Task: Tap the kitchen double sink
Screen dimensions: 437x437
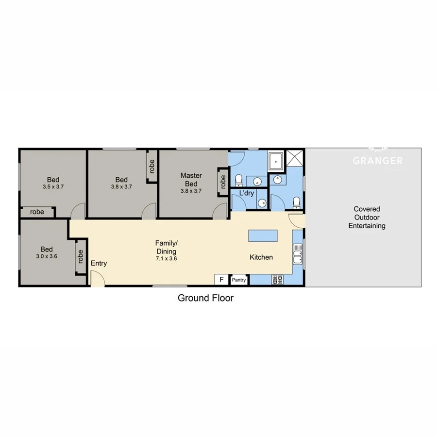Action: pos(298,255)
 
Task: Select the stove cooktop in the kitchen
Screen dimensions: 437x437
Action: pos(278,279)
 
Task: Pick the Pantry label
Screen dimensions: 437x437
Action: pos(239,280)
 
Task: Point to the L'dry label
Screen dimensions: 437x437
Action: pos(247,193)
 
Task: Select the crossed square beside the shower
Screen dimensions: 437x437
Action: pos(294,159)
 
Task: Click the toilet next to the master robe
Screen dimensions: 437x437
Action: pos(238,181)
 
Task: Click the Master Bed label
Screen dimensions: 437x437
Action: pos(191,180)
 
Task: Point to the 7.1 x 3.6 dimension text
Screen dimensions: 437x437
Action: pos(166,259)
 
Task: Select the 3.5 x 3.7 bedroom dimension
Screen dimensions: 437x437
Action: pos(53,186)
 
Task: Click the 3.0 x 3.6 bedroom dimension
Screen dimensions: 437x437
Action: pos(47,256)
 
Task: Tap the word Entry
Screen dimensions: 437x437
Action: pos(99,263)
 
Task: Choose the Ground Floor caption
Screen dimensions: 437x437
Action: pos(205,298)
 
